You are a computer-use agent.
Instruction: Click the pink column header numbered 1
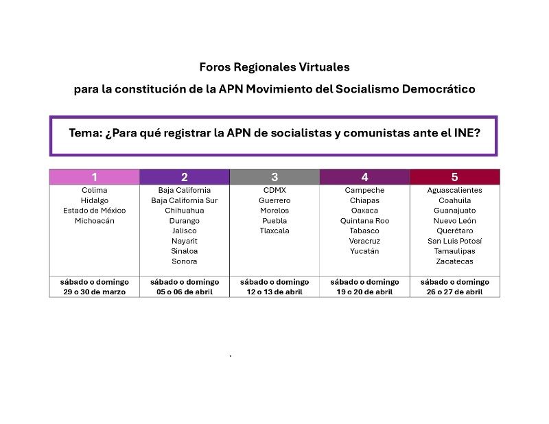pyautogui.click(x=94, y=177)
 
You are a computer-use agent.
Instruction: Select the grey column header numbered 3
pyautogui.click(x=274, y=177)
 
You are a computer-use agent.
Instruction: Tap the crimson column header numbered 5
pyautogui.click(x=454, y=177)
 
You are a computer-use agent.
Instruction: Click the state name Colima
pyautogui.click(x=94, y=190)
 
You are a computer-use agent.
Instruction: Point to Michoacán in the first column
pyautogui.click(x=94, y=221)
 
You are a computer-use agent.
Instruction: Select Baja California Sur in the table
pyautogui.click(x=185, y=200)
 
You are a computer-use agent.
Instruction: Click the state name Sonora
pyautogui.click(x=185, y=261)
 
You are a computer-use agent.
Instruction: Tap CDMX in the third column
pyautogui.click(x=274, y=190)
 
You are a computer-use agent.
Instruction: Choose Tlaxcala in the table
pyautogui.click(x=274, y=231)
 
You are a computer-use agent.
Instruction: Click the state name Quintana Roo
pyautogui.click(x=364, y=221)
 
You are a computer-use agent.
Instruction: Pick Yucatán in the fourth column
pyautogui.click(x=364, y=251)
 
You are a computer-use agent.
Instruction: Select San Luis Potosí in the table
pyautogui.click(x=454, y=241)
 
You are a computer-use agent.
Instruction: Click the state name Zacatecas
pyautogui.click(x=454, y=261)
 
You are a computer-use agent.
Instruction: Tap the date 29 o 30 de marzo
pyautogui.click(x=94, y=292)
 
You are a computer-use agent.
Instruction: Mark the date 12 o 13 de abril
pyautogui.click(x=274, y=292)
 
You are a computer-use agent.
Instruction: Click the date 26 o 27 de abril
pyautogui.click(x=454, y=292)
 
